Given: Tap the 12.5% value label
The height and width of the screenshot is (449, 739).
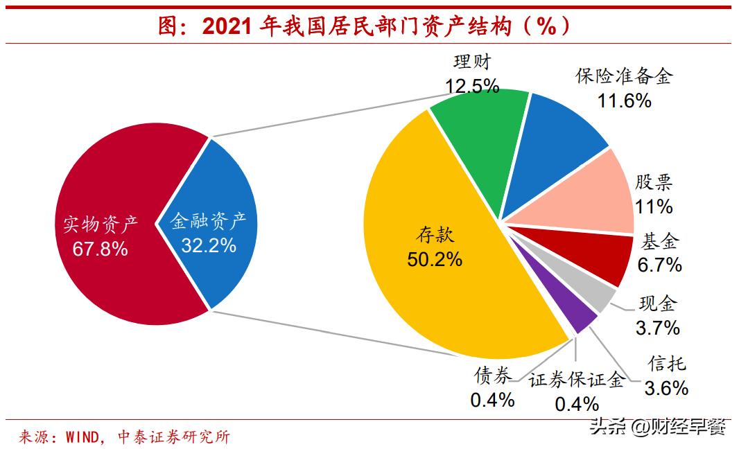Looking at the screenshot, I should pos(472,86).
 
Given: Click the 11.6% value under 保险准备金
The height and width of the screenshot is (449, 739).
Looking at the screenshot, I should pos(624,100).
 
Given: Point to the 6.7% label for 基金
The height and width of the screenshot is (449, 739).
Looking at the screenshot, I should pos(659,265).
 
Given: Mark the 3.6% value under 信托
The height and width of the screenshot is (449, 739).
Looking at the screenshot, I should pos(666,388).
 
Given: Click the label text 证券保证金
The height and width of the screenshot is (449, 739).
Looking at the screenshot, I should pos(577,380).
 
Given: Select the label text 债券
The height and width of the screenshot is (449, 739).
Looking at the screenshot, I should pos(493,376).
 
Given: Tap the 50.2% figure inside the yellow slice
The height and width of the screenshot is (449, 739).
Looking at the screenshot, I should pos(435,259).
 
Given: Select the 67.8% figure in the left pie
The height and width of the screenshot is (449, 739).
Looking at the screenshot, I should pos(100,248).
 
